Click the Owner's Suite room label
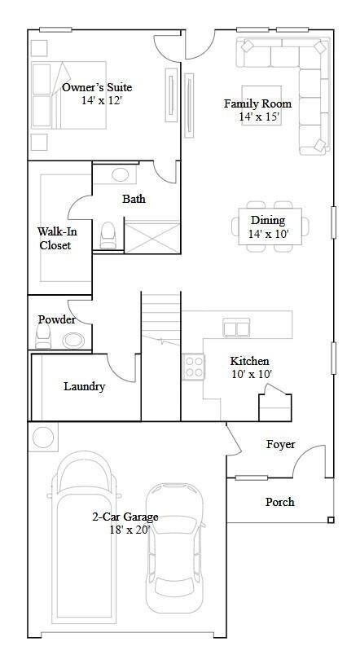point(97,88)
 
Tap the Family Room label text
point(257,103)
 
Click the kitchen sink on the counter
point(237,328)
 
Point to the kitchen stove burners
point(193,366)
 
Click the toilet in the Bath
point(107,235)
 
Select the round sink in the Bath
point(120,174)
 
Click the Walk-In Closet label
point(54,238)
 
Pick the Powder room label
point(56,319)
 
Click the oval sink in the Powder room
point(73,341)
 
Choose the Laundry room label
point(85,386)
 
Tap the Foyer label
point(281,444)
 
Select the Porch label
point(279,502)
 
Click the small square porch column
point(330,520)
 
